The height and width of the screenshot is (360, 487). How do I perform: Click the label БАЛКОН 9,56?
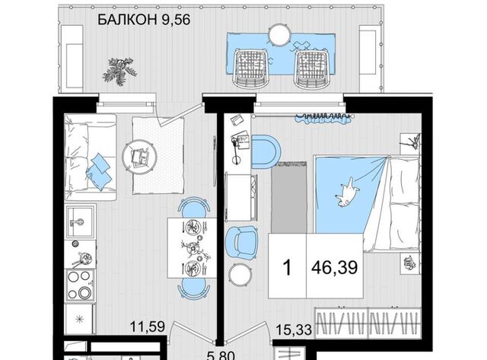pyautogui.click(x=144, y=20)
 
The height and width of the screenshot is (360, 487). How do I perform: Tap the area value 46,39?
pyautogui.click(x=335, y=267)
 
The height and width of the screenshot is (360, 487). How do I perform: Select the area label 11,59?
pyautogui.click(x=147, y=327)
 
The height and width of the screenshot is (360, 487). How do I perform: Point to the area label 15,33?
pyautogui.click(x=294, y=330)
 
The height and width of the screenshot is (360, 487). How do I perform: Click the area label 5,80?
pyautogui.click(x=221, y=355)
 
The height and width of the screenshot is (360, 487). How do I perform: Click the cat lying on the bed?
pyautogui.click(x=347, y=193)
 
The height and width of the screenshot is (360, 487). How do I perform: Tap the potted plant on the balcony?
pyautogui.click(x=119, y=71)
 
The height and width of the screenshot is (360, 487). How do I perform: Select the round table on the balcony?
pyautogui.click(x=279, y=34)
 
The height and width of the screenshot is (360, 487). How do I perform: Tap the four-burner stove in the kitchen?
pyautogui.click(x=80, y=285)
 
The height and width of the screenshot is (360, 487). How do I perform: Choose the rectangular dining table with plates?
pyautogui.click(x=192, y=247)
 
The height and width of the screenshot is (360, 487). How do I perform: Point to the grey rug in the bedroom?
pyautogui.click(x=289, y=198)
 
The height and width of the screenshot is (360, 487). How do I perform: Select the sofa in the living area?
pyautogui.click(x=90, y=158)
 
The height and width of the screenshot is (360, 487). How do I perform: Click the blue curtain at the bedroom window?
pyautogui.click(x=324, y=119)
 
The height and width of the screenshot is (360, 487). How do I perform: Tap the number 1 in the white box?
pyautogui.click(x=288, y=267)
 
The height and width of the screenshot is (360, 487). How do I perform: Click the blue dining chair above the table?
pyautogui.click(x=193, y=207)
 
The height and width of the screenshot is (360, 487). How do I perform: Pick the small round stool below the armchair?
pyautogui.click(x=240, y=273)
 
